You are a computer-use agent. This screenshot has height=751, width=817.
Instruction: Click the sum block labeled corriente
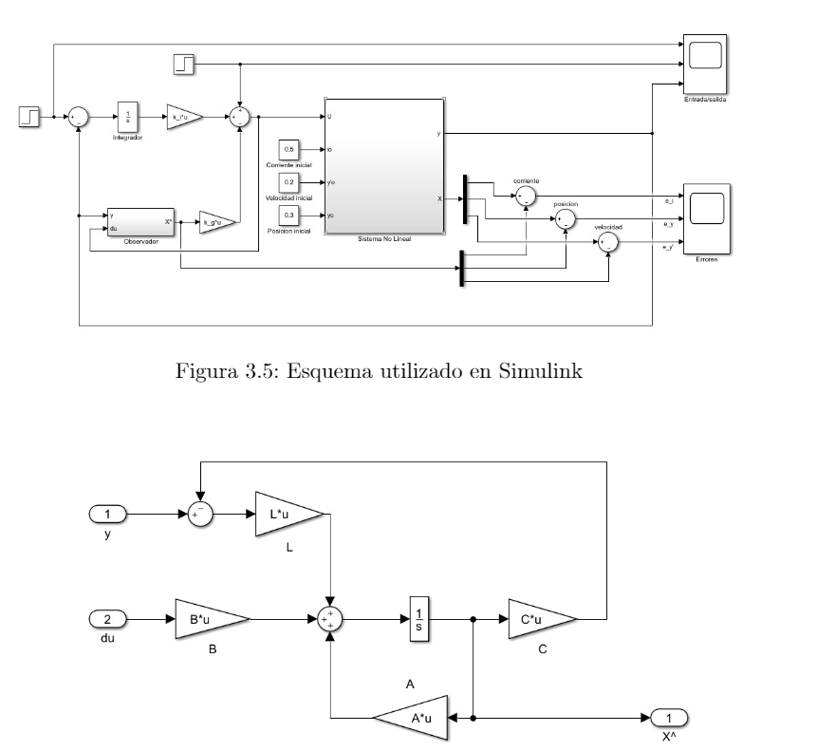pyautogui.click(x=525, y=197)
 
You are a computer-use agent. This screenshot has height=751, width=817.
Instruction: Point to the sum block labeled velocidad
pyautogui.click(x=607, y=244)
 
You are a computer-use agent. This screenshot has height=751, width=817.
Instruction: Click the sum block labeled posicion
pyautogui.click(x=566, y=219)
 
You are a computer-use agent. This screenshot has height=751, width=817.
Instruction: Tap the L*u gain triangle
pyautogui.click(x=287, y=514)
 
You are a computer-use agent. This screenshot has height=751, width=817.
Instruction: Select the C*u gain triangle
pyautogui.click(x=540, y=619)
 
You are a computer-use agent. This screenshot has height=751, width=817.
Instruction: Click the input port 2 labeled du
pyautogui.click(x=107, y=619)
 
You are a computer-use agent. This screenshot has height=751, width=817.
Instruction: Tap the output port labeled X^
pyautogui.click(x=669, y=718)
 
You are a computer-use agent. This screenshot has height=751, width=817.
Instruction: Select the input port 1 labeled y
pyautogui.click(x=107, y=514)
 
